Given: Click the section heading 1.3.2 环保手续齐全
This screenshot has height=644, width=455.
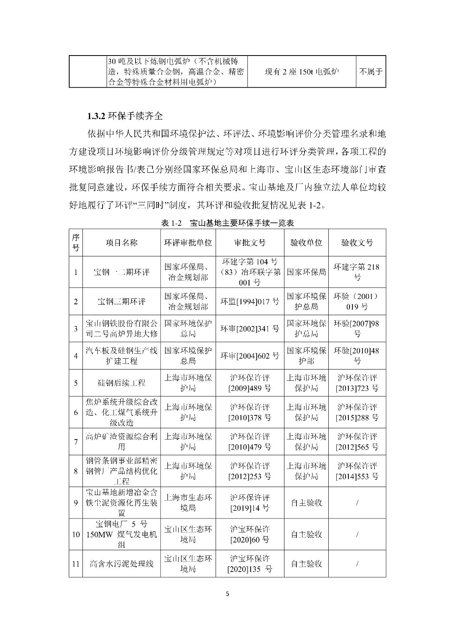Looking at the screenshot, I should point(125,116).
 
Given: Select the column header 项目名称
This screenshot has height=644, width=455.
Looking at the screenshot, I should point(121,242).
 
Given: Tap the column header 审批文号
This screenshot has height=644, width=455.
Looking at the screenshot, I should point(250,242).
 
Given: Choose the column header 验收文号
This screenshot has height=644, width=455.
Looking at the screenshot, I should point(357,242).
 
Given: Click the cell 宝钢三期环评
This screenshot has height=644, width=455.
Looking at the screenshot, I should point(121,301).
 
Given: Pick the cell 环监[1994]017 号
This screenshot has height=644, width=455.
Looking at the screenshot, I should point(250,301).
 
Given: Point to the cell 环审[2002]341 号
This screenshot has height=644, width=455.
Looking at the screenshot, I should point(250,328).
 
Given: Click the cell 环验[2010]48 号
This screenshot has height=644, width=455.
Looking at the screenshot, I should point(357,356).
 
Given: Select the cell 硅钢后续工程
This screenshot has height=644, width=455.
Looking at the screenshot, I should point(121,383).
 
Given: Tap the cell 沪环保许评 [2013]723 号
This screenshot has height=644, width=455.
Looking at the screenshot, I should point(357,383).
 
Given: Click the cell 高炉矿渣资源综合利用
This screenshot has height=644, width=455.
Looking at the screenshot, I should point(121,442).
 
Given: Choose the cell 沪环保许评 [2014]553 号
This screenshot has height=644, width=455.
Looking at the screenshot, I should point(357,471).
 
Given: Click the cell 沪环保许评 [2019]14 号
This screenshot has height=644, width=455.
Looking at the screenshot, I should point(250,502).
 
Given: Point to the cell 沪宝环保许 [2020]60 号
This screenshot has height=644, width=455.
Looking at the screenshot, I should point(250,534).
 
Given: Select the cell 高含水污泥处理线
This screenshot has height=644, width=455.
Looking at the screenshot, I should point(121,563).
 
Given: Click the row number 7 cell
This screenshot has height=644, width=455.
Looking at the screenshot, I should point(76,442).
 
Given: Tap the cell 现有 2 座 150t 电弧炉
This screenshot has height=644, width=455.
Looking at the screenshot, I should point(301,72).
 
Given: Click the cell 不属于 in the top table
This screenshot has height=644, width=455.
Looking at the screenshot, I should point(371,72).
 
